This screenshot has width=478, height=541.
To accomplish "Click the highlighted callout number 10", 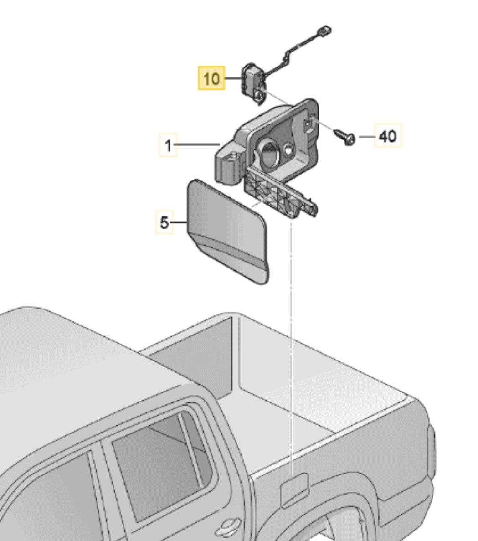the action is point(211,79).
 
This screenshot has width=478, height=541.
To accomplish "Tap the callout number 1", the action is point(168,145).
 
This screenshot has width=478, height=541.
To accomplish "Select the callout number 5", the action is point(164,222).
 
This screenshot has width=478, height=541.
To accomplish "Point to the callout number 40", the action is point(388,136).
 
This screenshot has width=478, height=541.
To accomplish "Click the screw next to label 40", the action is point(344,137).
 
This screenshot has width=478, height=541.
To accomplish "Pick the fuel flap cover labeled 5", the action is point(228,231).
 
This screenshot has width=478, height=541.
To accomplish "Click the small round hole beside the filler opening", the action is point(288,149).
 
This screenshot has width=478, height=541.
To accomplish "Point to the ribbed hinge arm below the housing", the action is point(280,192).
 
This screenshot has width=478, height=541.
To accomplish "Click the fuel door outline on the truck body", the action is point(294,489).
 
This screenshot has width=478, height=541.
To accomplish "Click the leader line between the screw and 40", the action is point(367,137).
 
